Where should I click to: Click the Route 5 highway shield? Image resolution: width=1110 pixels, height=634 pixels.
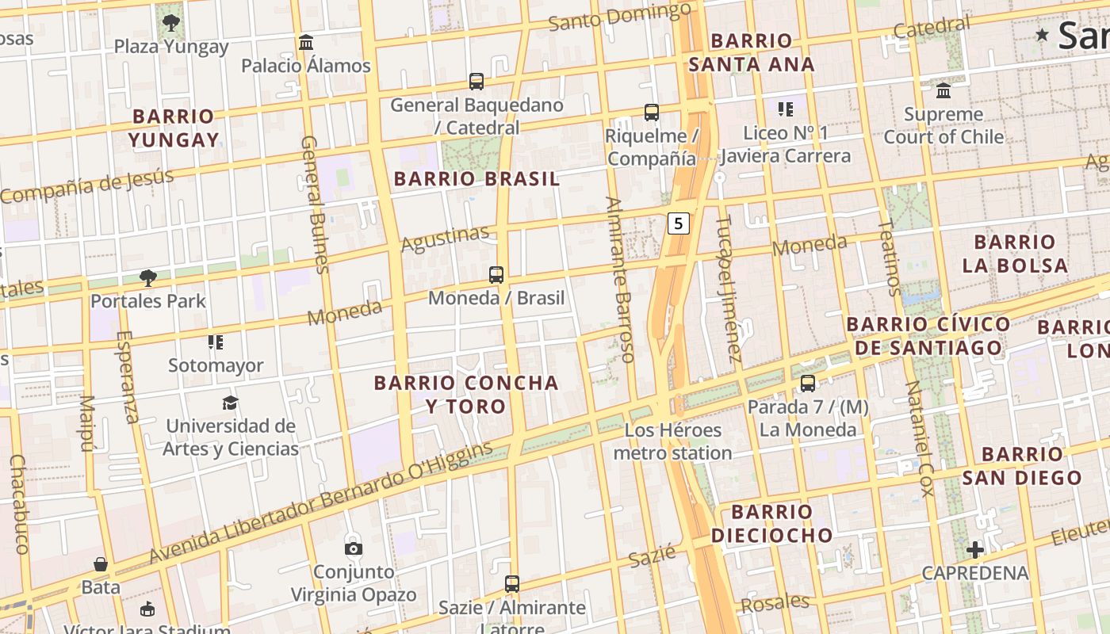678,223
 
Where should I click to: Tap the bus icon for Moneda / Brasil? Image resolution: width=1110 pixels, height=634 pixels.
496,275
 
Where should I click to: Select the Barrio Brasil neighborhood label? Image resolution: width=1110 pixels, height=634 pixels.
477,179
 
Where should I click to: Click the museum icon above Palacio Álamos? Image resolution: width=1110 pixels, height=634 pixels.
306,41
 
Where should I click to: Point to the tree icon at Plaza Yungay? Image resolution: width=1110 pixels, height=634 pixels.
170,22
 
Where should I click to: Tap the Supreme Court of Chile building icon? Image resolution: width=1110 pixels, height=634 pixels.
943,91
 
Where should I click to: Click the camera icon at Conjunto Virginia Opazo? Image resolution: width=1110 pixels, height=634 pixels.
354,548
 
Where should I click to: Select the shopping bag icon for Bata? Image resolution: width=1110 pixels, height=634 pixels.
101,564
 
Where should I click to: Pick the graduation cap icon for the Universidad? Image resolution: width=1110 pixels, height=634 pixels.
230,403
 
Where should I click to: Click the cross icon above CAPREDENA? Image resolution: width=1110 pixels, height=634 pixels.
975,549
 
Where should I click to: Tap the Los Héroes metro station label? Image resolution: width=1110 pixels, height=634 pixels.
672,441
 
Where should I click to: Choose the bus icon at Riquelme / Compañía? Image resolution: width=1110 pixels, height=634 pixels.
651,113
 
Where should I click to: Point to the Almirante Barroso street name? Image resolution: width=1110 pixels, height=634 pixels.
619,279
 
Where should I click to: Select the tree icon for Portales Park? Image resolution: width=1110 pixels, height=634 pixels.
147,277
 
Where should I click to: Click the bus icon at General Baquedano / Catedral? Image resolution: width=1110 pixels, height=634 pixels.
477,81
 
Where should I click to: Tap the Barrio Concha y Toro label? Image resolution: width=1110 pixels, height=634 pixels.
466,395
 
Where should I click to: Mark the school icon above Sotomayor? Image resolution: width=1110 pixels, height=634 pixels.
216,342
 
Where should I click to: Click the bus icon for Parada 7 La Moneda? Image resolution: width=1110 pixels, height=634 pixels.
808,384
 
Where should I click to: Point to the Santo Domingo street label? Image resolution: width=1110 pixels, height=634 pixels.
619,17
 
